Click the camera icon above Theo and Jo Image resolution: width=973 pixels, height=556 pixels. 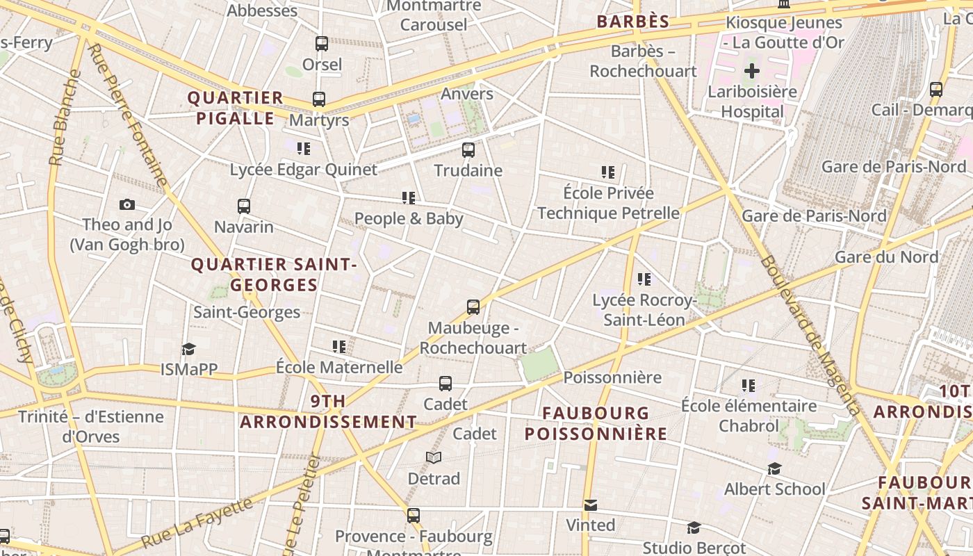point(126,204)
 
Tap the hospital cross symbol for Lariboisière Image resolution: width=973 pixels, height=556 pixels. point(752,71)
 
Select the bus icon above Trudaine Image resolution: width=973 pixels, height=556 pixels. point(468,149)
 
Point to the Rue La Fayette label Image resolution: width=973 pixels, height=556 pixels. point(197,523)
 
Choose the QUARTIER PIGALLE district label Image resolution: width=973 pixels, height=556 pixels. point(236,108)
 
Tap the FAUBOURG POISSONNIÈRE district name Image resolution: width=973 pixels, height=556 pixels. point(596,423)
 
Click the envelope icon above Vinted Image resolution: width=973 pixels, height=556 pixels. point(590,505)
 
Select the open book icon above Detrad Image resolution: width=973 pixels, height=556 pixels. point(434,457)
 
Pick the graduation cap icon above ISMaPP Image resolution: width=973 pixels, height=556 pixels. point(188,349)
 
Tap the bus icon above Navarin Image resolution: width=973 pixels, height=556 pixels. point(243,206)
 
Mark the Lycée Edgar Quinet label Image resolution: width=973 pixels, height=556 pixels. point(304,170)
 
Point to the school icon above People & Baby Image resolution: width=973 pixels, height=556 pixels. point(409,198)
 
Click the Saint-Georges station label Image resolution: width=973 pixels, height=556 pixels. point(247,312)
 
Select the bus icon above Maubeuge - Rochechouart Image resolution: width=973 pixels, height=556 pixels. point(473,306)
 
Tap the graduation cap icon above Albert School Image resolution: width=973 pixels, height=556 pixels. point(774,469)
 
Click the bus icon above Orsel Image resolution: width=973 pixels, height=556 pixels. point(322,44)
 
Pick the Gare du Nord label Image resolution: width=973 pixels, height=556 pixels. point(886,257)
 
